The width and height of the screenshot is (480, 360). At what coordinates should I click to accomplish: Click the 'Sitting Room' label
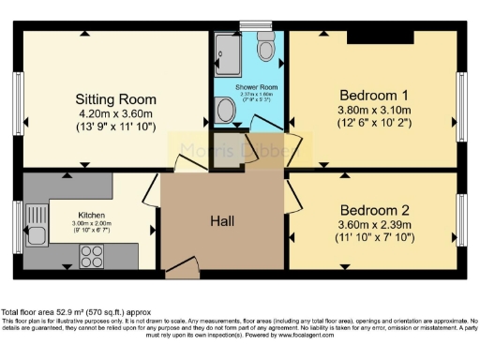(x=114, y=97)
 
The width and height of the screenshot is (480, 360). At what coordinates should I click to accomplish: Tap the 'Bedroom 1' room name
(x=373, y=95)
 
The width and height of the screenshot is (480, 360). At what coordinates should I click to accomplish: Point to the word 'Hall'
(x=222, y=221)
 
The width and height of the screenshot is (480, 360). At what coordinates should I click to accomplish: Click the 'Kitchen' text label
(x=90, y=215)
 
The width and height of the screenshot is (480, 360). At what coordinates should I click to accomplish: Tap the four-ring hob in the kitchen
(x=94, y=252)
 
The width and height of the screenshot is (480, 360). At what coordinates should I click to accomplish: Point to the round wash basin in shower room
(x=225, y=112)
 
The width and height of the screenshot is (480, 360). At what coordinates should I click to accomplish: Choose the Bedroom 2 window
(x=460, y=217)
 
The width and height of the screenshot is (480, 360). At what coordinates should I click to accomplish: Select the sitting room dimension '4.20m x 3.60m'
(x=114, y=112)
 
